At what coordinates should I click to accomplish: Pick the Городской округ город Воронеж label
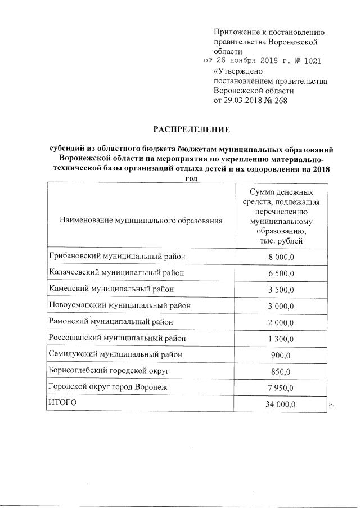click(x=108, y=388)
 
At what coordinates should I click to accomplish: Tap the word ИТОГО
click(x=62, y=403)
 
